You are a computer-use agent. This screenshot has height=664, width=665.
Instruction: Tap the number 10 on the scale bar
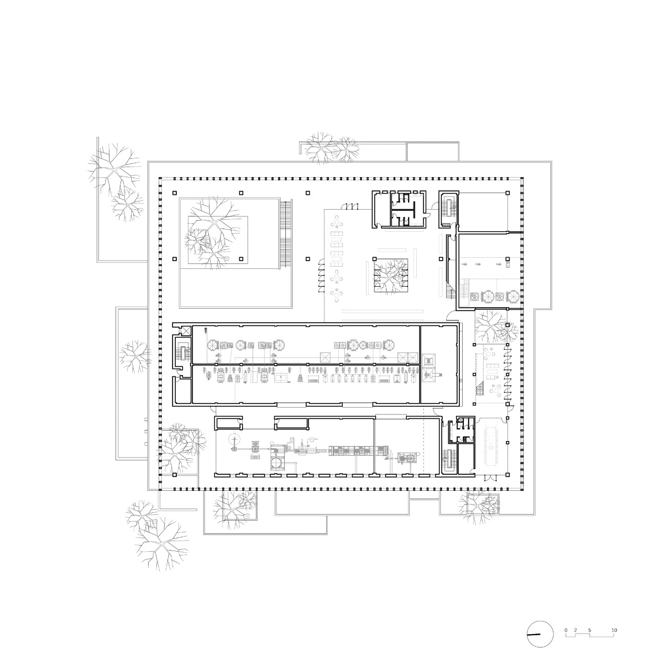coord(614,630)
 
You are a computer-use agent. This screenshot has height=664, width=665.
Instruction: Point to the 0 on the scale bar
coord(565,630)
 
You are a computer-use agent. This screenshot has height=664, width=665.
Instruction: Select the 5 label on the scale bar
coord(590,630)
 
